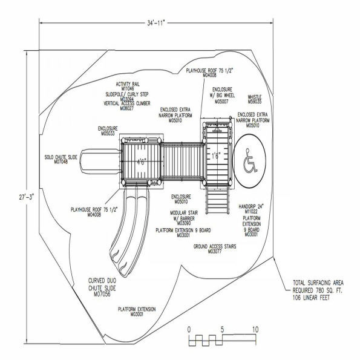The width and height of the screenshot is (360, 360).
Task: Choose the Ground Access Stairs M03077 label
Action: pos(215,249)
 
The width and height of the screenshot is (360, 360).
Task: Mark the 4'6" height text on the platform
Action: pos(140,162)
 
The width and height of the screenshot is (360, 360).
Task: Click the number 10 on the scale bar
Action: pos(255,329)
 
